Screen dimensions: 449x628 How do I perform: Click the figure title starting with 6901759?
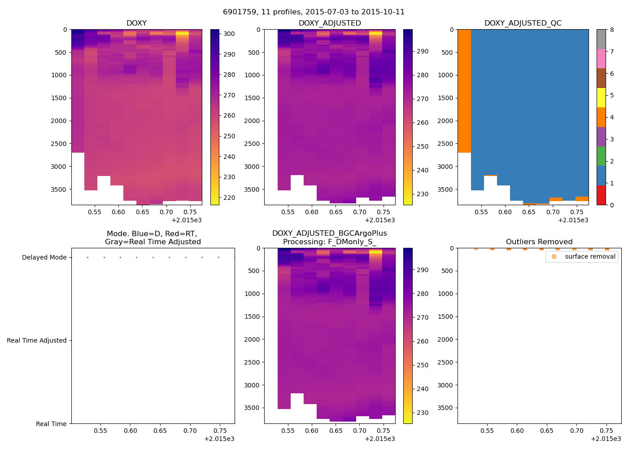point(314,12)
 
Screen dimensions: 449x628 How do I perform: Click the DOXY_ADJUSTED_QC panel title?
point(523,23)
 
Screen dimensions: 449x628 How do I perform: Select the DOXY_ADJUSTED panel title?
point(330,23)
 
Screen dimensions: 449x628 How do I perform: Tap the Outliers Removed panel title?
point(539,242)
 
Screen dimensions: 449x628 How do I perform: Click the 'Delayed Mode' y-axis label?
point(44,258)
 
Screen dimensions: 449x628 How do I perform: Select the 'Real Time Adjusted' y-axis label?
point(37,341)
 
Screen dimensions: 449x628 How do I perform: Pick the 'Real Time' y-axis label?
point(51,424)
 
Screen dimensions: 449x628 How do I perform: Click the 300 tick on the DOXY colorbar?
point(229,34)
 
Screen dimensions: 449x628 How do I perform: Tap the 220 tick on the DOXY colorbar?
point(229,198)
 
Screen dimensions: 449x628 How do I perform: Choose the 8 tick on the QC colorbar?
point(612,30)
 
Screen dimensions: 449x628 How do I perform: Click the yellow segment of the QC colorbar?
point(601,98)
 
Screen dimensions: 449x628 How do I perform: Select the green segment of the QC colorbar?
point(601,156)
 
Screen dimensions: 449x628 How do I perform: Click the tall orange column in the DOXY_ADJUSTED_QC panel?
point(464,90)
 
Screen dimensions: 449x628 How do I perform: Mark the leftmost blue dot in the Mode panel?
point(87,258)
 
